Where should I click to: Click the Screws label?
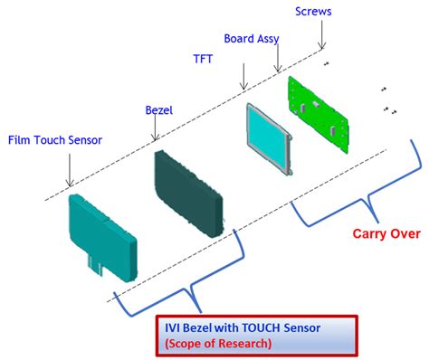pos(314,11)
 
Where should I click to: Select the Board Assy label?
pos(252,39)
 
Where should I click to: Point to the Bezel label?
pos(159,110)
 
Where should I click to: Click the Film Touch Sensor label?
pos(55,139)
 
